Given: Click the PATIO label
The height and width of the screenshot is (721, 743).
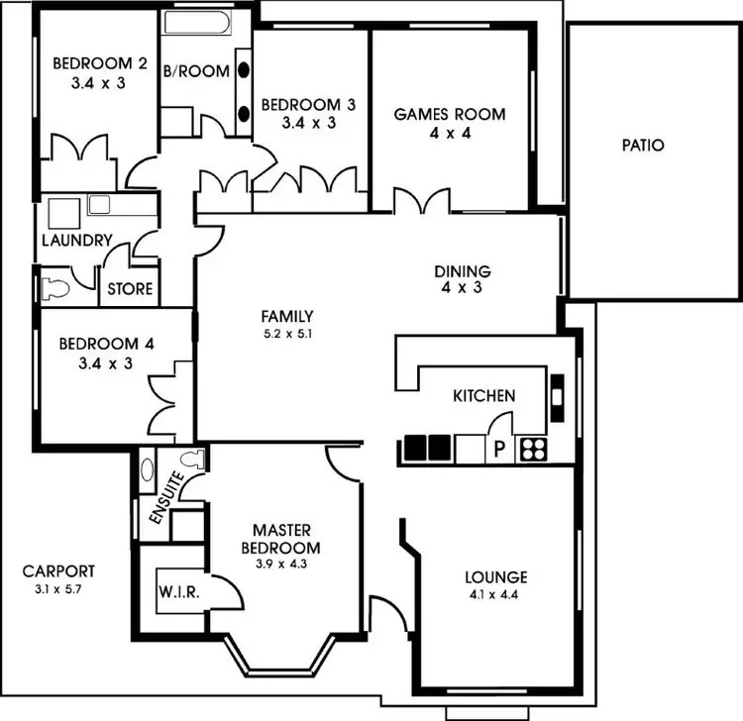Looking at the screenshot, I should (643, 146).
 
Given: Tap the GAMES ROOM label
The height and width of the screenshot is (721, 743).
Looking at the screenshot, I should (450, 114).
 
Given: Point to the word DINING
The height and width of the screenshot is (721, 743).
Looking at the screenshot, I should (464, 271).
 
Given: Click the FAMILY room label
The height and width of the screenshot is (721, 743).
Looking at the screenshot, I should (287, 316).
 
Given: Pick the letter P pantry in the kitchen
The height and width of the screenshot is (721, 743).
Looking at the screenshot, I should (499, 450).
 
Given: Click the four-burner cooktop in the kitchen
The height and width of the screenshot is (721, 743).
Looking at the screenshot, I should (532, 449).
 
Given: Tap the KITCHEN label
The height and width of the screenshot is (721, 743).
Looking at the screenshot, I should (483, 396).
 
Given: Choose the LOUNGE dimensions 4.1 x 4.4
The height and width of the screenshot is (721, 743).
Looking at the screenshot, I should (496, 596).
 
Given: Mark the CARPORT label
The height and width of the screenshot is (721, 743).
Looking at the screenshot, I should (59, 571).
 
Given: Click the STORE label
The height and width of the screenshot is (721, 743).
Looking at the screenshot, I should (131, 289).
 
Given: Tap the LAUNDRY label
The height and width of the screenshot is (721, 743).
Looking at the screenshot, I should (76, 241).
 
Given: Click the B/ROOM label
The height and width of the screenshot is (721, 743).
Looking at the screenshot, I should (196, 71).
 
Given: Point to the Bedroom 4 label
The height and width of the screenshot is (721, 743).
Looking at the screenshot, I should (106, 345).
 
